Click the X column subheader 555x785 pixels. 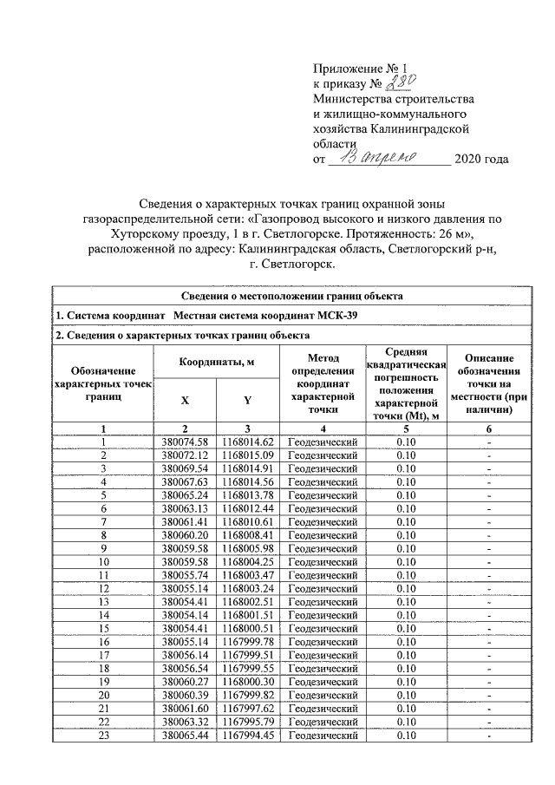(185, 401)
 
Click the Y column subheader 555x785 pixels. (247, 401)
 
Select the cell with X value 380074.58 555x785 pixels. (186, 442)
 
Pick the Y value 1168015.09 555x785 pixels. (247, 455)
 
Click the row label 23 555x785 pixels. (103, 736)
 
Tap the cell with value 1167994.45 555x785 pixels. (247, 736)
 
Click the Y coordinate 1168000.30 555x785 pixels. (247, 684)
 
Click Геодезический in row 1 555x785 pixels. (322, 442)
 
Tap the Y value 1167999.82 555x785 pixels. (247, 697)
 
